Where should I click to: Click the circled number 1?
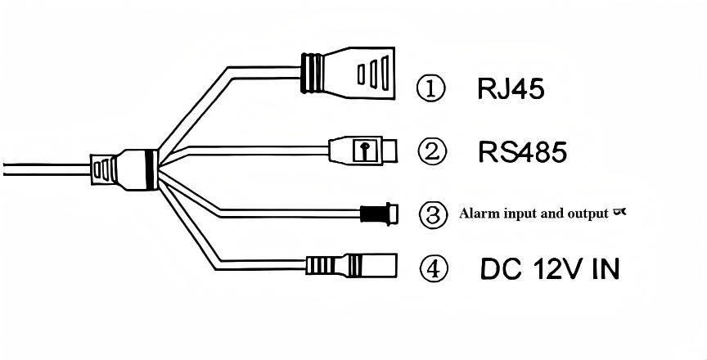tap(431, 88)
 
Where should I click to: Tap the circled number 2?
tap(431, 151)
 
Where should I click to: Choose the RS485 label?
tap(522, 151)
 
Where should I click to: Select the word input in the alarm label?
tap(521, 214)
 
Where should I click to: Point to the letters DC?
tap(497, 268)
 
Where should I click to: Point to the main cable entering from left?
tap(41, 168)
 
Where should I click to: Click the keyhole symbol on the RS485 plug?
tap(361, 151)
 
